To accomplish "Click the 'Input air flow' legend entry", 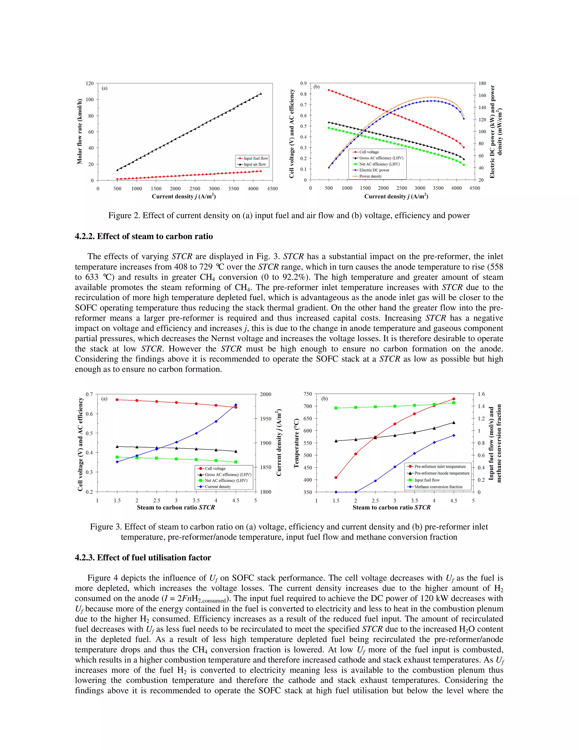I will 254,164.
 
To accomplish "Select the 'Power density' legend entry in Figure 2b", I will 370,176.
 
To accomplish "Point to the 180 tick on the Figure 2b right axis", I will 482,83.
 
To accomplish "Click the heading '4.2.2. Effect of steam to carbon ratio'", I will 144,236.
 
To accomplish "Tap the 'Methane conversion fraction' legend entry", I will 438,487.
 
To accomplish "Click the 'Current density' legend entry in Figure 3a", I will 217,486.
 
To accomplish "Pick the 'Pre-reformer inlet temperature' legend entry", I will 440,466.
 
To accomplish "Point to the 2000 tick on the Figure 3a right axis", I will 265,394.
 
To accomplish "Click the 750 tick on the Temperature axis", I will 308,394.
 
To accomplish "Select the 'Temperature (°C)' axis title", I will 296,443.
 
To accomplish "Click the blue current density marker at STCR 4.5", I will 236,405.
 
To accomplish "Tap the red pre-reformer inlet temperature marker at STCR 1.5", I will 336,477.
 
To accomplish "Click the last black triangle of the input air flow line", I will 261,93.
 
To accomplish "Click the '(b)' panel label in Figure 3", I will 325,399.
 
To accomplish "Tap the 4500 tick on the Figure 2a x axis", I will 272,188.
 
